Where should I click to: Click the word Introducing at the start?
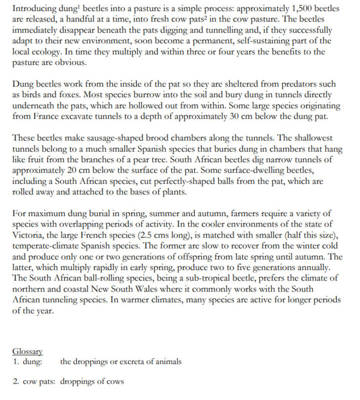click(34, 8)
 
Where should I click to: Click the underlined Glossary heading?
click(28, 352)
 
